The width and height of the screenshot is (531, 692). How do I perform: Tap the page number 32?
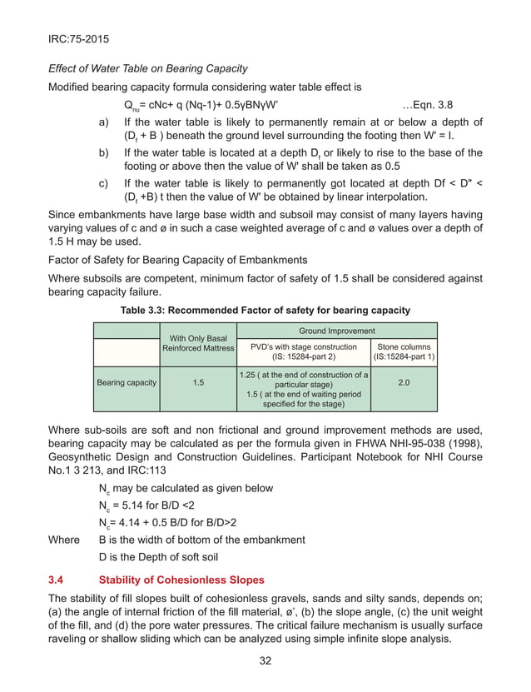[x=265, y=661]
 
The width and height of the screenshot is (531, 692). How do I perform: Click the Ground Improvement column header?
[x=337, y=331]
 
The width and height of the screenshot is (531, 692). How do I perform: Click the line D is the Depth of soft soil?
[x=158, y=556]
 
